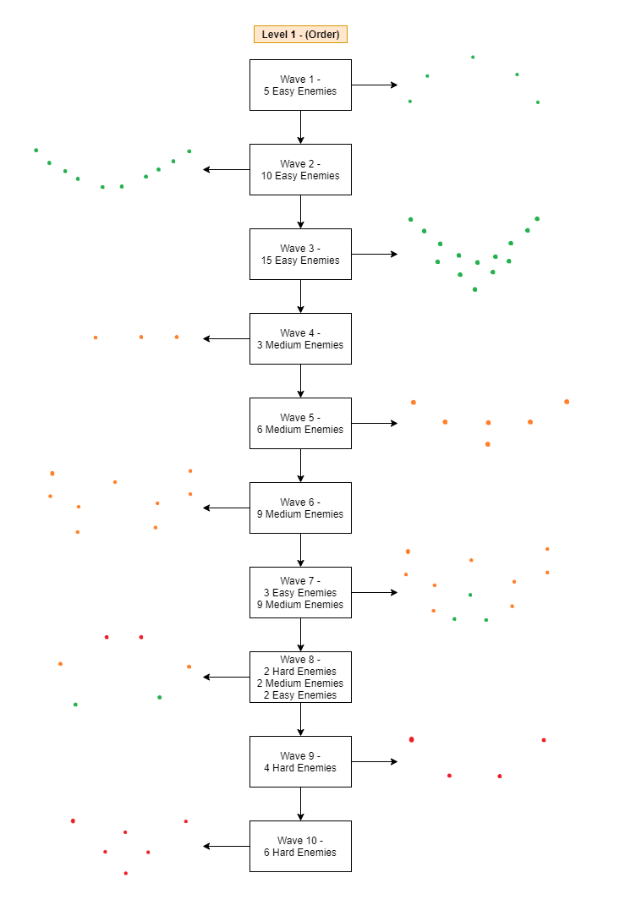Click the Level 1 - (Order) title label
300,34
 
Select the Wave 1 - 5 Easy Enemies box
300,85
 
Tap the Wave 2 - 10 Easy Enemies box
300,169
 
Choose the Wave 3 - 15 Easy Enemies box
300,254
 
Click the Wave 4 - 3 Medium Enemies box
300,338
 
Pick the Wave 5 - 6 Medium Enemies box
300,423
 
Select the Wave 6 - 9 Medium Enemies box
300,508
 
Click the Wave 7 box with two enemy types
300,592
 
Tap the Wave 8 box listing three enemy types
300,677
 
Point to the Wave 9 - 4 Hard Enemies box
300,761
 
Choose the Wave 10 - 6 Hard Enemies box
300,846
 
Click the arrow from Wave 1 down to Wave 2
300,127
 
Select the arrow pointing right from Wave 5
374,423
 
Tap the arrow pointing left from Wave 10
227,846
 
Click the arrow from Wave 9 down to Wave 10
300,804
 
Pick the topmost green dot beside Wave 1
473,58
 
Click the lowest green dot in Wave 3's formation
474,289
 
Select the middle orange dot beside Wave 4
141,337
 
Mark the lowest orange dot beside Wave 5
487,444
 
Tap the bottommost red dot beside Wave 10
126,873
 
